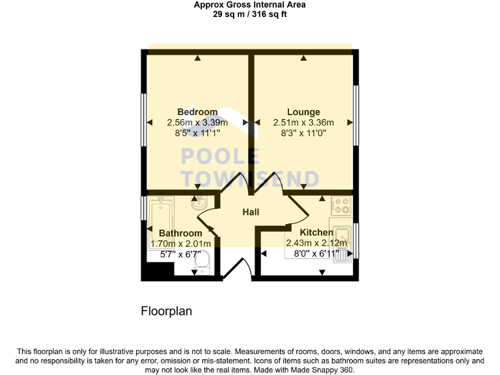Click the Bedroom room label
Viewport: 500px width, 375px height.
click(x=197, y=112)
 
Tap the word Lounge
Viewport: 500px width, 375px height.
click(x=304, y=112)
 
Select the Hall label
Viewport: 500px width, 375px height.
click(x=251, y=212)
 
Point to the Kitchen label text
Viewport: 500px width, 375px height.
click(x=316, y=232)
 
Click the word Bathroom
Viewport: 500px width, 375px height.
click(x=180, y=233)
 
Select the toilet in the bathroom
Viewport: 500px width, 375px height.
click(x=202, y=262)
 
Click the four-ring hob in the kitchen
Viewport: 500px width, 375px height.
click(x=341, y=206)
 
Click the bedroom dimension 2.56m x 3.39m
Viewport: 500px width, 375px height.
click(x=197, y=122)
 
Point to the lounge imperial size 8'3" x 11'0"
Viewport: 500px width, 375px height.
click(x=304, y=133)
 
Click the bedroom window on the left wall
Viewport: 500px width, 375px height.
click(x=145, y=122)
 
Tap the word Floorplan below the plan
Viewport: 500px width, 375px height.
click(x=167, y=311)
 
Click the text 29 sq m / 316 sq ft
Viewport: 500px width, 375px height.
click(x=250, y=14)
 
